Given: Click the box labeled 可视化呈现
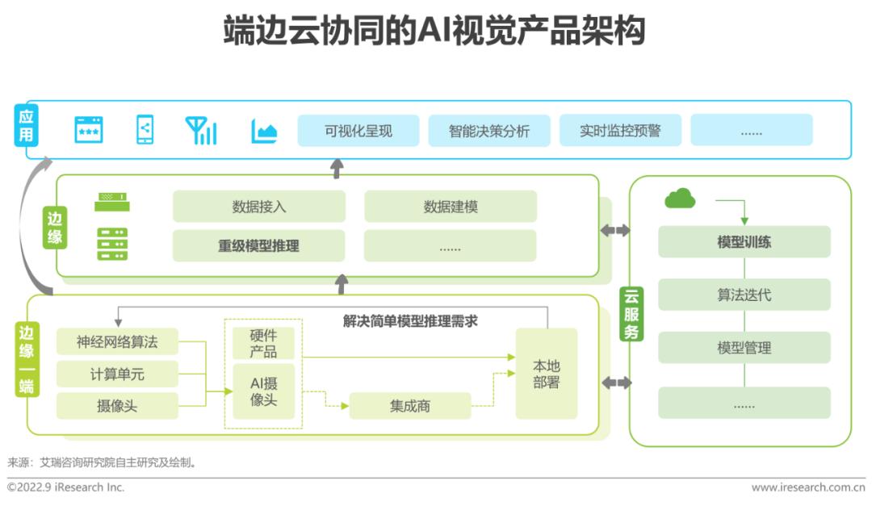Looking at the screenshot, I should click(358, 131).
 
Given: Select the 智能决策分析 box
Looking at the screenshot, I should click(489, 131).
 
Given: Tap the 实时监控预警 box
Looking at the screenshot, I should click(620, 131).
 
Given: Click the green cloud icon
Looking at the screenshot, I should click(680, 198).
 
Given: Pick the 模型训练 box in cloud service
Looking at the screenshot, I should click(744, 242).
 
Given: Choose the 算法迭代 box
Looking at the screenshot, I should click(744, 295).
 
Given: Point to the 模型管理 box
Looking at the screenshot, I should click(744, 348).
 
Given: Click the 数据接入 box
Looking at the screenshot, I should click(258, 207).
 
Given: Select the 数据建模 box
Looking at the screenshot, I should click(450, 207).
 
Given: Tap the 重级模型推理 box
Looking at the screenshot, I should click(258, 246).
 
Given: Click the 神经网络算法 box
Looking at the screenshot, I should click(117, 342).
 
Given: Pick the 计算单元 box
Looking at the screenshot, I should click(117, 374).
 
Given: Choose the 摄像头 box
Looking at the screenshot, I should click(117, 406).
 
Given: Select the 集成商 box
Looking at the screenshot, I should click(409, 406).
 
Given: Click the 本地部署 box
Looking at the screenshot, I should click(547, 374).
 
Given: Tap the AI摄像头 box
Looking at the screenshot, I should click(263, 391).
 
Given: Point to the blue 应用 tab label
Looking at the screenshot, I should click(27, 126).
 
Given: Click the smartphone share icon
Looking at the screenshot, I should click(145, 130).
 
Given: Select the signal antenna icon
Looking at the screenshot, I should click(201, 131).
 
